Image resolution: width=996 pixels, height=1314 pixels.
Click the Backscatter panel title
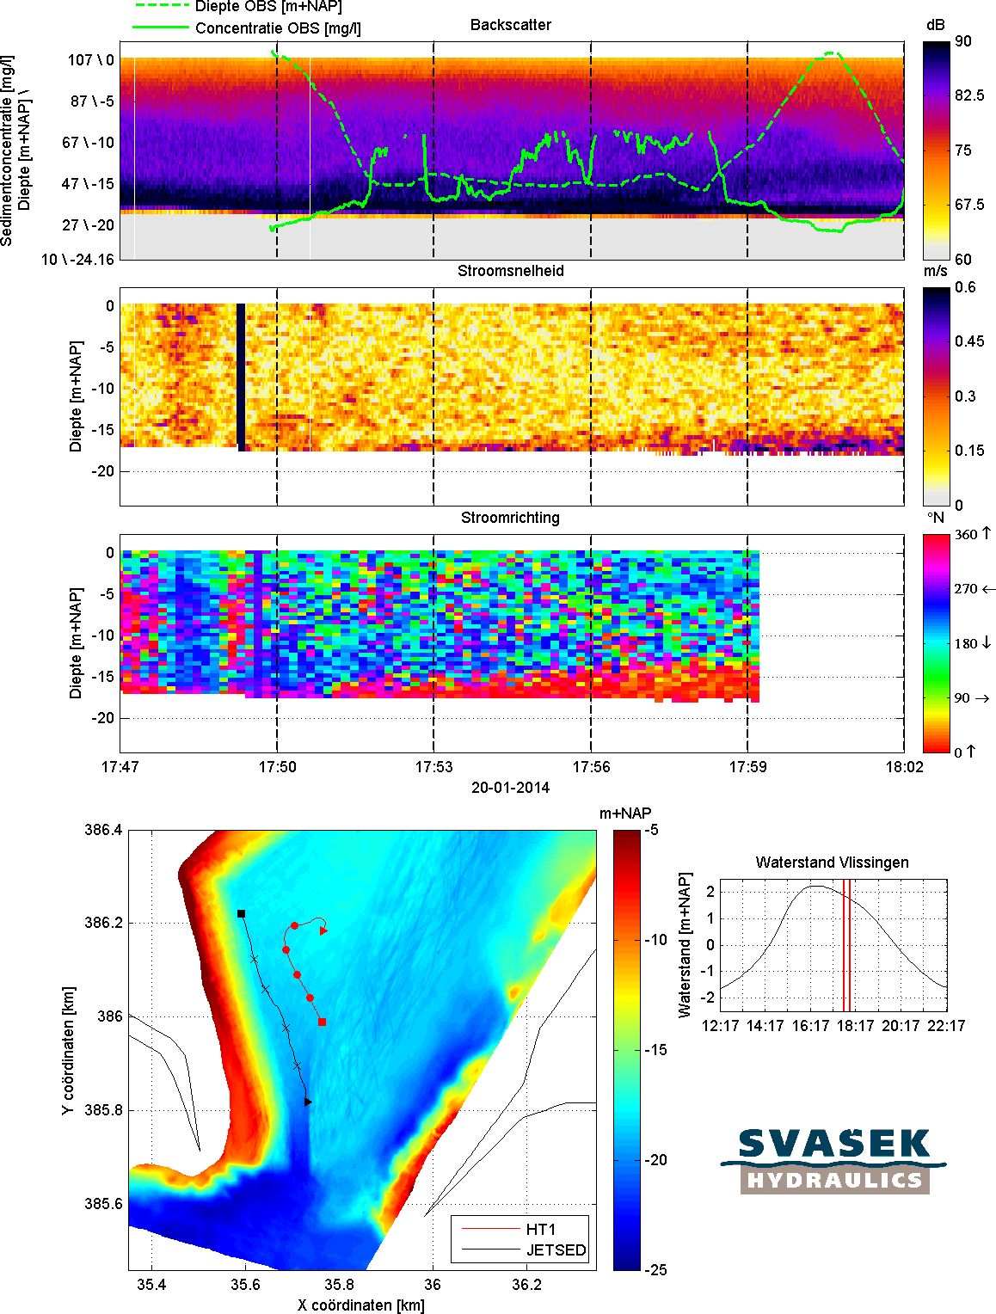(x=511, y=25)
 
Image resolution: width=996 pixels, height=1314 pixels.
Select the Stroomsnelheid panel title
(x=511, y=271)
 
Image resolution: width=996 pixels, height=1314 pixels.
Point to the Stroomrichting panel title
(x=511, y=518)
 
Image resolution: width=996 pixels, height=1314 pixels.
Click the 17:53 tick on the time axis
(x=433, y=767)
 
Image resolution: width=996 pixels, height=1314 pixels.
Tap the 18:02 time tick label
(x=902, y=767)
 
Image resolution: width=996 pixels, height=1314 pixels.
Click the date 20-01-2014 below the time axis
(x=511, y=787)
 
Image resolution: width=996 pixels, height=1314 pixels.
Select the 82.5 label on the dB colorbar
(x=968, y=95)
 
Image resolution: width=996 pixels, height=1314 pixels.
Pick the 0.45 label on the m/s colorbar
(x=969, y=341)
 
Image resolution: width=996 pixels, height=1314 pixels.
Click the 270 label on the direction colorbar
(x=966, y=589)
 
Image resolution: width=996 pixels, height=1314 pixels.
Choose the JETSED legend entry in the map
(x=556, y=1250)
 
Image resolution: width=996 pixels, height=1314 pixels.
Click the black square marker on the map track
(x=242, y=913)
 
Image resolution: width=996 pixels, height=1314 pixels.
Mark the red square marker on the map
(x=322, y=1022)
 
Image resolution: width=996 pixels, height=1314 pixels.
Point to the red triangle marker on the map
(x=324, y=930)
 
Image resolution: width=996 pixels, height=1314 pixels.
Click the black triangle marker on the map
(x=308, y=1101)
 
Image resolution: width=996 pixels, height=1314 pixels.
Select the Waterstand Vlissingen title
(x=832, y=862)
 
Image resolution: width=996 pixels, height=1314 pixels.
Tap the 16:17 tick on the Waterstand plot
(x=811, y=1025)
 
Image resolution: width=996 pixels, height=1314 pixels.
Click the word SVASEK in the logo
(x=834, y=1145)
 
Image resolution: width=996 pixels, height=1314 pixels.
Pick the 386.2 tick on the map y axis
(x=105, y=923)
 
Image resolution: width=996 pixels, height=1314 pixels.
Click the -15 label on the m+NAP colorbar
(x=656, y=1050)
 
